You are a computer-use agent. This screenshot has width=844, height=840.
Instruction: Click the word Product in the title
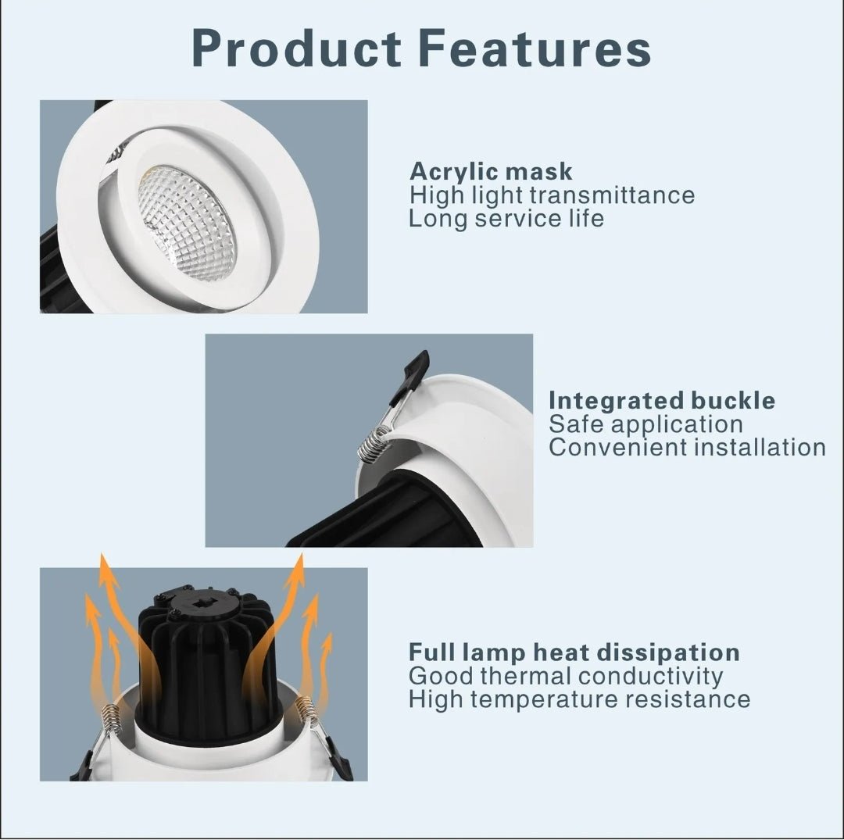292,48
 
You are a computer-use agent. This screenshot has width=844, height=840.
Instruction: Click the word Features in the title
540,48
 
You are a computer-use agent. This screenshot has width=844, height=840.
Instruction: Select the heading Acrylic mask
491,171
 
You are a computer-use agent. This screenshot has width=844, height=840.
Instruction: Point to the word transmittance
610,195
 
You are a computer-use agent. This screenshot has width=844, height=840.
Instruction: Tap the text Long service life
506,218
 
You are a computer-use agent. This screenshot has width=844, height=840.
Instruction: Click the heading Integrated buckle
662,401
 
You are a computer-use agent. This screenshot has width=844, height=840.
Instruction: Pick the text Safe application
646,424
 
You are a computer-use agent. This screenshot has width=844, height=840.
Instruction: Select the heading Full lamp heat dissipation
574,652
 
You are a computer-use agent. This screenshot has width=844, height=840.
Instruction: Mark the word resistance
688,699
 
